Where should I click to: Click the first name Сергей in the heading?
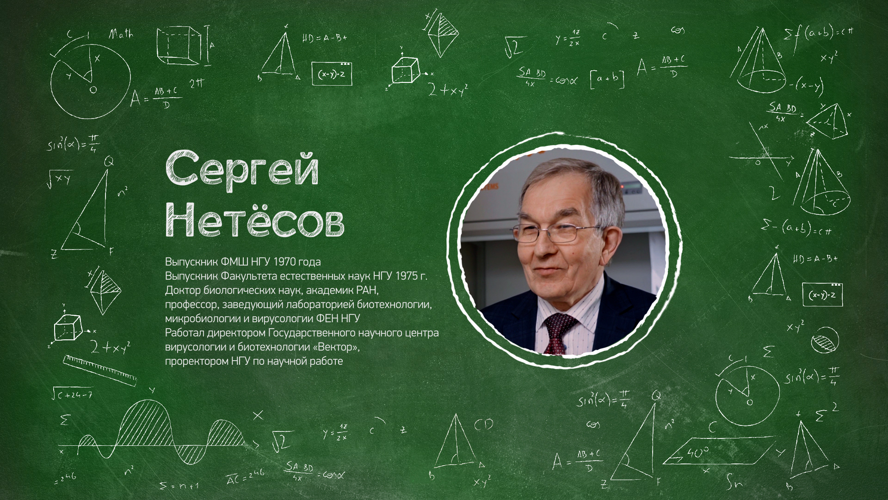click(242, 169)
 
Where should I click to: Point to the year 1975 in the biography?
click(406, 276)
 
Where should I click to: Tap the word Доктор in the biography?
click(182, 290)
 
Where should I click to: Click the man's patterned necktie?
click(559, 332)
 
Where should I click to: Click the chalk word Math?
click(121, 34)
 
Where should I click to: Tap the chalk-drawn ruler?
click(100, 370)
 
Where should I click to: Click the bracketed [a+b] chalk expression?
click(607, 79)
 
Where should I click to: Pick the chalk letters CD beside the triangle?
click(483, 424)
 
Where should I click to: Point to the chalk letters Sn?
click(734, 483)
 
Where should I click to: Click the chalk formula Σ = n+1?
click(179, 486)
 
